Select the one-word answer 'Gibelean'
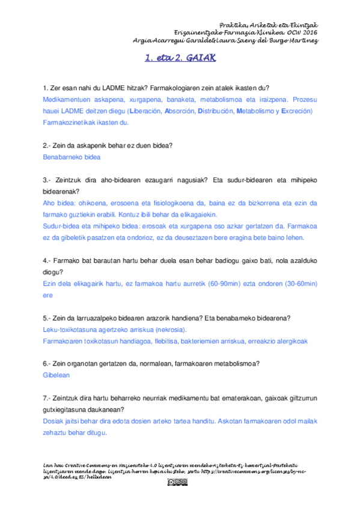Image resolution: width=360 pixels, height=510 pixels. point(56,375)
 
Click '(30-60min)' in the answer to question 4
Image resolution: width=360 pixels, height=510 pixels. point(297,283)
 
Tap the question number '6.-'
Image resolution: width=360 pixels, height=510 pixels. point(49,363)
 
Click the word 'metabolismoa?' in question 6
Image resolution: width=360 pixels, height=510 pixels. point(237,363)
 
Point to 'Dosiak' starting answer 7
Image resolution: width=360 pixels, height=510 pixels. point(53,421)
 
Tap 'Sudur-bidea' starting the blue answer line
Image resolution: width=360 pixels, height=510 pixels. point(61,226)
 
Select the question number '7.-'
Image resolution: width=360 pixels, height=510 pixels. point(49,398)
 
